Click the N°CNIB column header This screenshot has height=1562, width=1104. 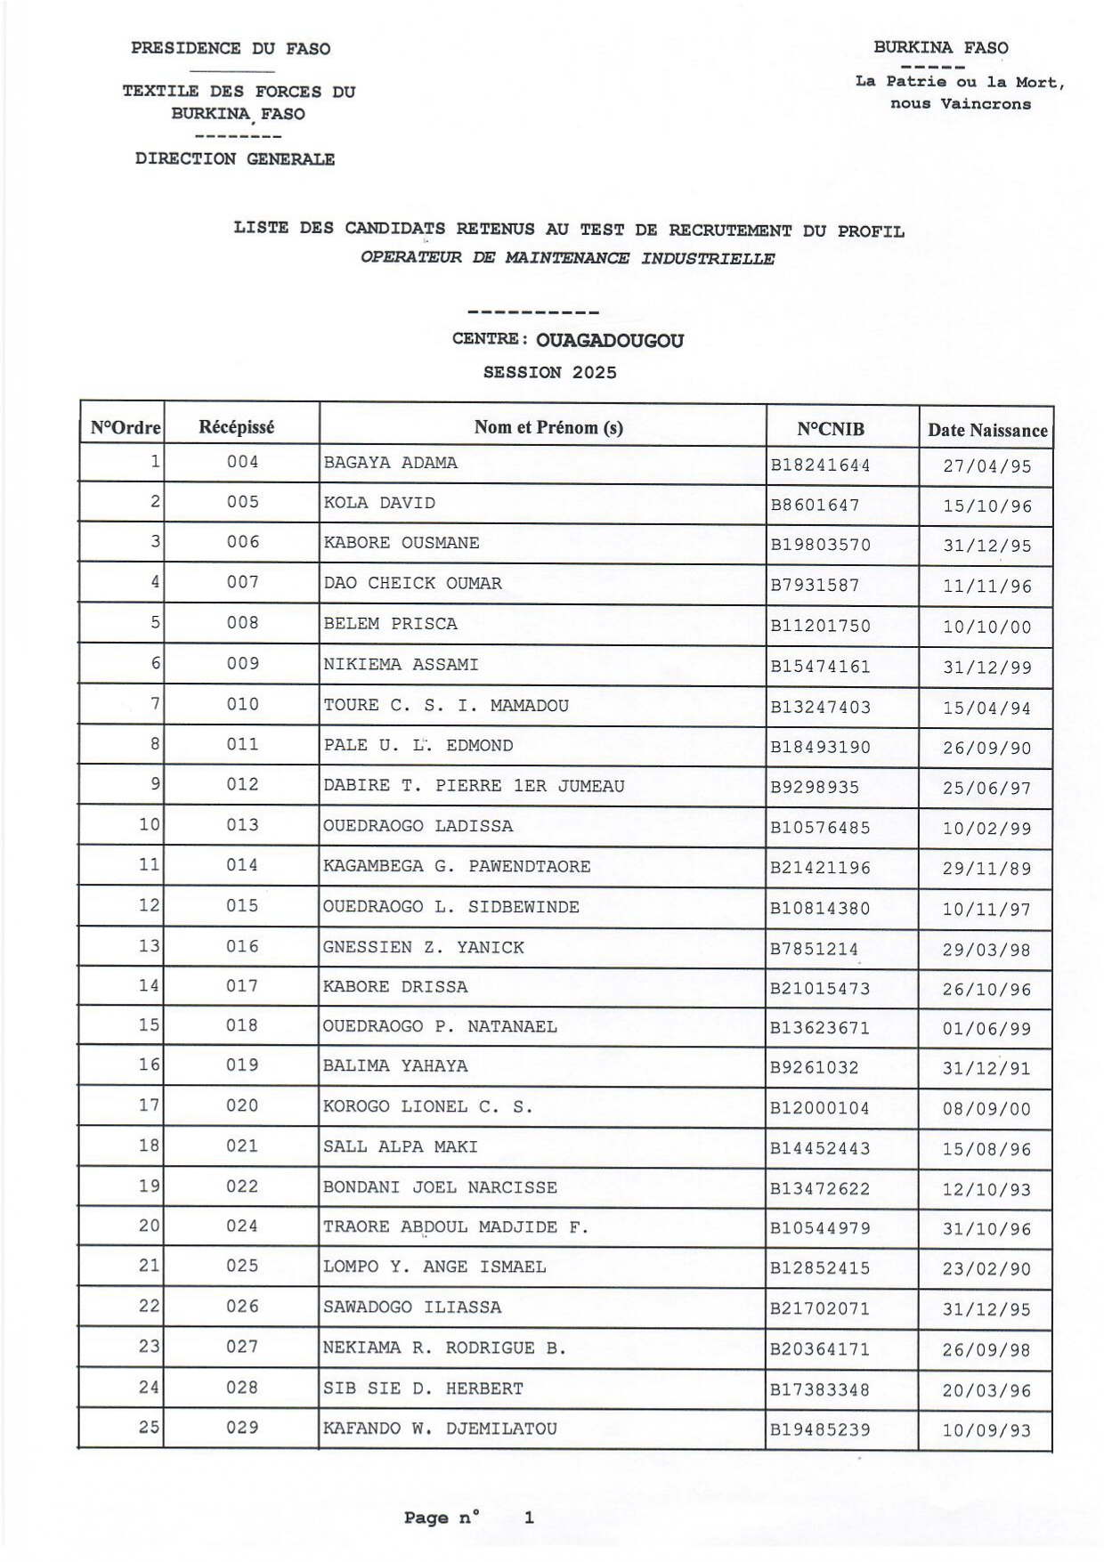coord(830,429)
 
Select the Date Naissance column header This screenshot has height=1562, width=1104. coord(986,431)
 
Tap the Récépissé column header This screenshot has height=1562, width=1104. coord(237,427)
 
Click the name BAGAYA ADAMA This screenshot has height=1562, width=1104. coord(391,463)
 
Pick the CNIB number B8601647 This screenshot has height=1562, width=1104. coord(815,506)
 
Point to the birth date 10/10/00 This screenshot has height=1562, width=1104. coord(986,627)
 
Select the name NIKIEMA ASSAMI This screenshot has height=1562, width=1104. coord(401,665)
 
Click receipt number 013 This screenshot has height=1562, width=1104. coord(242,825)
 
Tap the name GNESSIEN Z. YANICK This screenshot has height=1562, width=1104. coord(423,947)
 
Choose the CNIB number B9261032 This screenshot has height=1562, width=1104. coord(815,1067)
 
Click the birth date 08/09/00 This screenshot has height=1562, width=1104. coord(986,1109)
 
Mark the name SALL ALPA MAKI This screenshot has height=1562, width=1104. coord(401,1147)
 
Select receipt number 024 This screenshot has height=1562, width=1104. coord(242,1226)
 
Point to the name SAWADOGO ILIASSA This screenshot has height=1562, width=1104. coord(412,1307)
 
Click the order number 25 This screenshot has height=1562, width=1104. coord(149,1428)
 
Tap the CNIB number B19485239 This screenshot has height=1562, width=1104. coord(820,1430)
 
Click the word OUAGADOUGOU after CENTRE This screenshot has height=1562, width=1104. coord(610,341)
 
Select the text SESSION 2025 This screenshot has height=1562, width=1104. coord(549,373)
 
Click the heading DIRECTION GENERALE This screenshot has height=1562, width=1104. coord(235,159)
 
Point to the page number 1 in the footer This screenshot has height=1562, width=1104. coord(529,1518)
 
